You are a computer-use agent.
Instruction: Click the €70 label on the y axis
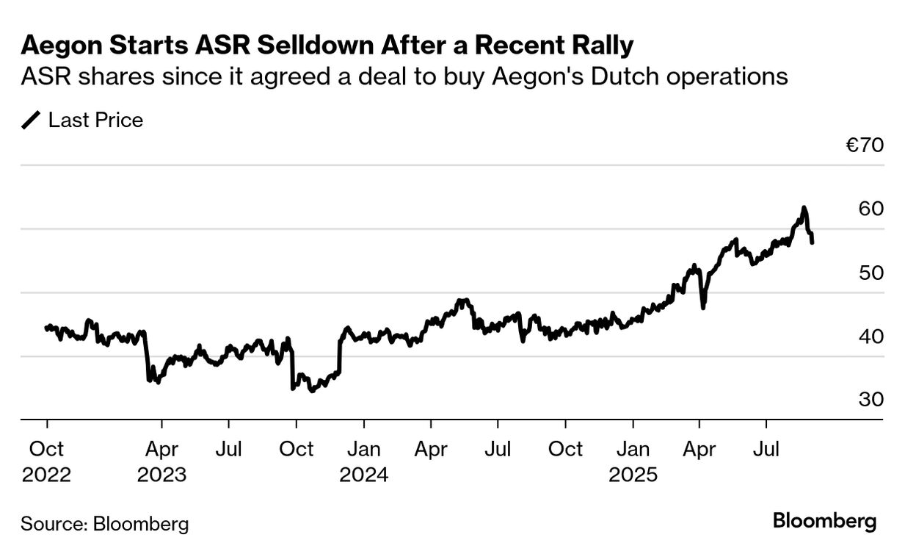point(864,145)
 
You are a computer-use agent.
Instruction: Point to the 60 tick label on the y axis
point(870,209)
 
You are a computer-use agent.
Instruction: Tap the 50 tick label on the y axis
point(870,273)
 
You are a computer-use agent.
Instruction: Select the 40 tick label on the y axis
point(870,337)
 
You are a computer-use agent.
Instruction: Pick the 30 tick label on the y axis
point(870,400)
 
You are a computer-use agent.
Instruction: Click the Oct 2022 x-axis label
point(47,461)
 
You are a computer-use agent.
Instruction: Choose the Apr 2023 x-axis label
point(161,461)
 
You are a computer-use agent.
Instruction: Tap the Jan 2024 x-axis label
point(363,461)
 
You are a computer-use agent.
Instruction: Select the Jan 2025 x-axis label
point(633,461)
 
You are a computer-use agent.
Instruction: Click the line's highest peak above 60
point(804,208)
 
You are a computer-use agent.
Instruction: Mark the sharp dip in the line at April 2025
point(703,307)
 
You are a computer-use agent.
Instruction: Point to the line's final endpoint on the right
point(812,242)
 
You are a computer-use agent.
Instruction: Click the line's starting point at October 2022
point(46,328)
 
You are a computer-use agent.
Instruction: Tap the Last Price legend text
point(95,120)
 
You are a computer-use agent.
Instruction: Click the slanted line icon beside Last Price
point(32,120)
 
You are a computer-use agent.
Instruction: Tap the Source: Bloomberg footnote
point(104,524)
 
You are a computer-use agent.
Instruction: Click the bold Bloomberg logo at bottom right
point(824,522)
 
